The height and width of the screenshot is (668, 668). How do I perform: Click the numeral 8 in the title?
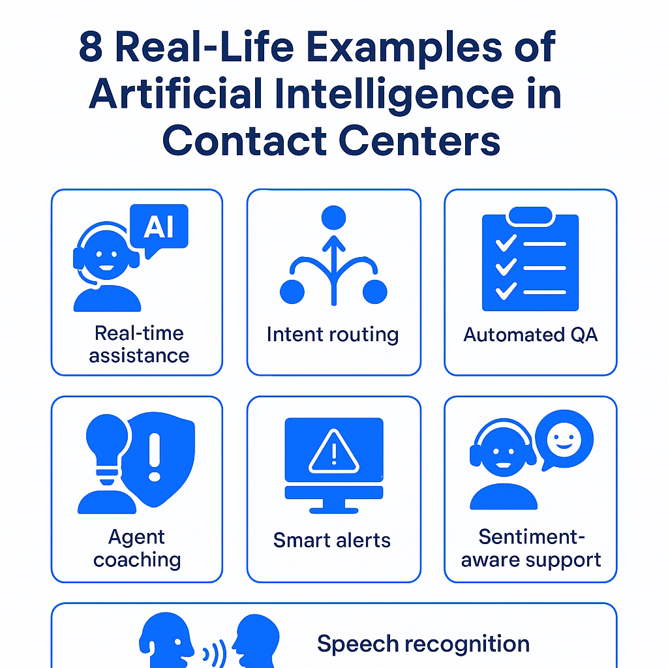point(91,46)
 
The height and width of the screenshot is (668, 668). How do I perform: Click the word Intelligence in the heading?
point(394,94)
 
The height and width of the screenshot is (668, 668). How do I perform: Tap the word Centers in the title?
point(419,141)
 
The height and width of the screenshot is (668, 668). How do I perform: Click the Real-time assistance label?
point(139,344)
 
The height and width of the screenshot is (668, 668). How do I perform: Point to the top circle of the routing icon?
point(333,218)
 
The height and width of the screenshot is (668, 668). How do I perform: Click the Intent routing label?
point(333,335)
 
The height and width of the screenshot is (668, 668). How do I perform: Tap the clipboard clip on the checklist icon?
point(530,215)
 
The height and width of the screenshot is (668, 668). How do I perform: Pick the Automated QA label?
point(530,335)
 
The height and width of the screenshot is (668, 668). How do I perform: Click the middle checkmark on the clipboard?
point(506,267)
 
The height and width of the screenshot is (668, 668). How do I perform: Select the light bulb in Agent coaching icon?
point(108,448)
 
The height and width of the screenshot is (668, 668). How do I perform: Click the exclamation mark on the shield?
point(154,457)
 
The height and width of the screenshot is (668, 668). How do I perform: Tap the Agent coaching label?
point(137,548)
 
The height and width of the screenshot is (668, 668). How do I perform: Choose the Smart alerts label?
point(332,540)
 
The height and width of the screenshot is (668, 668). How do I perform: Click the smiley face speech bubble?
point(564,440)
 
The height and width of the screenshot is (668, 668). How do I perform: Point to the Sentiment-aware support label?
point(531,548)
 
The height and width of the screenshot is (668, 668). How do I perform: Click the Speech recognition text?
point(423,643)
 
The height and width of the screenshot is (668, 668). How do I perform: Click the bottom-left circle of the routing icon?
point(292,292)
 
